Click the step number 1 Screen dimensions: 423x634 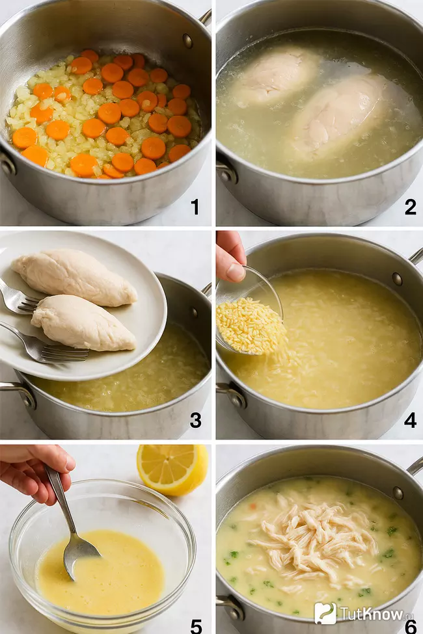[x=195, y=207]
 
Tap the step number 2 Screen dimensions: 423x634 [x=410, y=207]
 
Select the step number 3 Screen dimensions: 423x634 [x=195, y=421]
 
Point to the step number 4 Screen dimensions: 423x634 [x=410, y=421]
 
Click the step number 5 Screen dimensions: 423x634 [x=196, y=626]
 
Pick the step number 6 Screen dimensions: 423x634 [x=411, y=627]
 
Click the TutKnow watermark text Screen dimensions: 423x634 [x=372, y=614]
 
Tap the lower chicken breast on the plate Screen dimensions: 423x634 [x=84, y=323]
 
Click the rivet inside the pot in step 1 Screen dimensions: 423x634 [x=187, y=40]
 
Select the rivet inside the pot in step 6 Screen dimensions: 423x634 [x=398, y=492]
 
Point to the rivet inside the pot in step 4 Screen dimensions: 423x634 [x=397, y=278]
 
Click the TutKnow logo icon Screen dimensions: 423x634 [x=325, y=614]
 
